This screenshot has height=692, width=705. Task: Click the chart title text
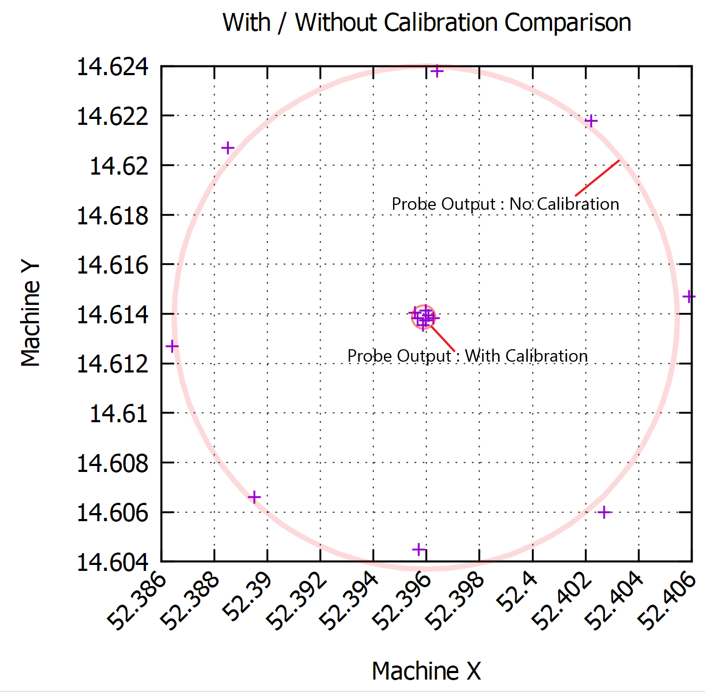click(x=427, y=23)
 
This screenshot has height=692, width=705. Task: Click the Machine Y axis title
click(x=30, y=314)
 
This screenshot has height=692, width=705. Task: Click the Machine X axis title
click(x=426, y=671)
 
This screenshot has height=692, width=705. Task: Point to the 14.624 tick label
click(x=112, y=67)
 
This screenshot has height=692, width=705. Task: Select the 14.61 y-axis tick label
click(x=118, y=414)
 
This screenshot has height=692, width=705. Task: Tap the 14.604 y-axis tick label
click(x=112, y=562)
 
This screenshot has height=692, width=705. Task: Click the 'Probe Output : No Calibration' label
click(x=506, y=204)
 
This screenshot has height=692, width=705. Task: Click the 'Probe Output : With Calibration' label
click(x=467, y=356)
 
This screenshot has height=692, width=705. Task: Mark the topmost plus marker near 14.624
click(x=437, y=71)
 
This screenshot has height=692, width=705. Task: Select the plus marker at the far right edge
click(x=689, y=296)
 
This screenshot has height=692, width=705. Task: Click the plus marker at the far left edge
click(x=172, y=346)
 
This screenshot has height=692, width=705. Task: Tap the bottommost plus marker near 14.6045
click(x=418, y=549)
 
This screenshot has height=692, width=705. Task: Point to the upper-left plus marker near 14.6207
click(x=228, y=148)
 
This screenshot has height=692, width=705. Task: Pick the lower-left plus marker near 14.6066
click(x=254, y=497)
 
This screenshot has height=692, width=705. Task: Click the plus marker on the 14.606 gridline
click(x=604, y=512)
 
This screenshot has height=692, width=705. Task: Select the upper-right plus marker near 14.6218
click(x=591, y=121)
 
